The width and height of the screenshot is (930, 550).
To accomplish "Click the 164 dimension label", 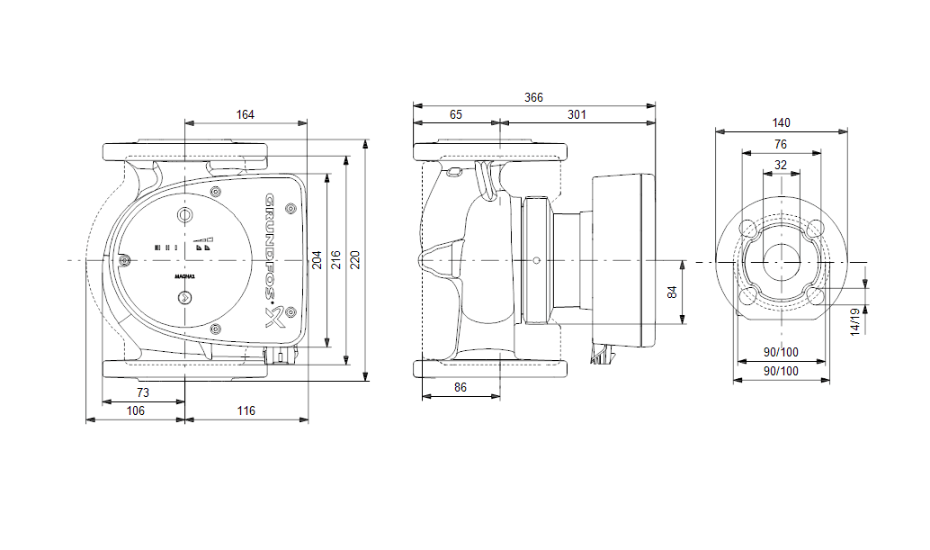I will pos(245,114).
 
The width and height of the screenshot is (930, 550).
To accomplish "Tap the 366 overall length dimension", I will pos(533,97).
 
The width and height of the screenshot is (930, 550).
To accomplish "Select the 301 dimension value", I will pos(577,114).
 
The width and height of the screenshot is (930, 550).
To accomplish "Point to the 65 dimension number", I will pos(456,114).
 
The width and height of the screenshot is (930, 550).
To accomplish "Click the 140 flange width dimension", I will pos(781,122).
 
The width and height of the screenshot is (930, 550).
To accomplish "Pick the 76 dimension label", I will pos(781,144).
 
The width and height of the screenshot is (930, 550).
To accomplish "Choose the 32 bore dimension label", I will pos(781,165).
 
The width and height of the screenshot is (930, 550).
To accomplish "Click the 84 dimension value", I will pos(671,291).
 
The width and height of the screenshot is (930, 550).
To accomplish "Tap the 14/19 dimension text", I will pos(855,320).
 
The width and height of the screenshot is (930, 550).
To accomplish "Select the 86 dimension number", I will pos(461,386).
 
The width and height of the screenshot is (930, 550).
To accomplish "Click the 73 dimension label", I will pos(143,392).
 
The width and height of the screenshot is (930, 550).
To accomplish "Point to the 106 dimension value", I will pos(135,410).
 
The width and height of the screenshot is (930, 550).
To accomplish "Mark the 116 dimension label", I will pos(246,410).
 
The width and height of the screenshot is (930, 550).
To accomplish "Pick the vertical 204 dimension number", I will pos(317,260).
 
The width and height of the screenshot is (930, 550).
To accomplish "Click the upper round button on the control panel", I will pos(184,216).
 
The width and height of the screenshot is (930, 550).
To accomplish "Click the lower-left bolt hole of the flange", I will pos(747,296).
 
